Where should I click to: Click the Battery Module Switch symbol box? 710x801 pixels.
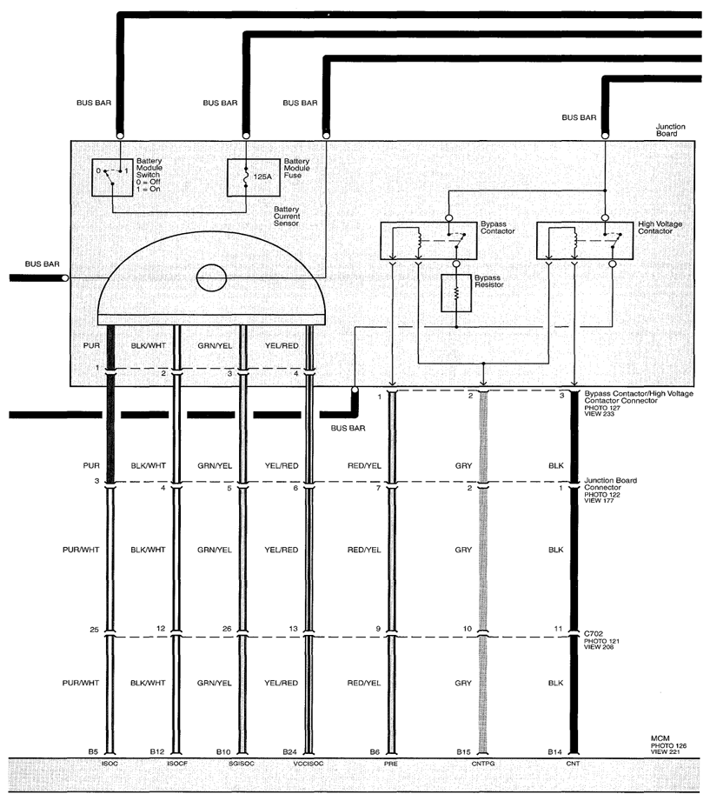pyautogui.click(x=112, y=177)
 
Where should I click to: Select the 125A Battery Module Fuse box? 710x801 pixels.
pyautogui.click(x=253, y=177)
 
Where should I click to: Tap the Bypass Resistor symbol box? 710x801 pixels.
pyautogui.click(x=456, y=293)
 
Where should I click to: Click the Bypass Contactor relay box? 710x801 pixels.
pyautogui.click(x=428, y=241)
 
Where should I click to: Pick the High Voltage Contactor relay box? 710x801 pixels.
pyautogui.click(x=585, y=241)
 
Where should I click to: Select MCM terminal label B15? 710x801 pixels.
pyautogui.click(x=463, y=752)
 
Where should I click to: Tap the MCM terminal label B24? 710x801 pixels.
pyautogui.click(x=289, y=752)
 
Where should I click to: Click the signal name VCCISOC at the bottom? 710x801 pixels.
pyautogui.click(x=309, y=764)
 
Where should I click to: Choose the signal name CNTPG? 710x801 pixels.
pyautogui.click(x=483, y=764)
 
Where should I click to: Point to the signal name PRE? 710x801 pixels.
pyautogui.click(x=390, y=764)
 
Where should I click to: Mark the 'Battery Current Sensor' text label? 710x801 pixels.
pyautogui.click(x=287, y=216)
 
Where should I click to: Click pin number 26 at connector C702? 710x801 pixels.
pyautogui.click(x=227, y=629)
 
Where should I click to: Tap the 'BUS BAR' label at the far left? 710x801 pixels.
pyautogui.click(x=43, y=264)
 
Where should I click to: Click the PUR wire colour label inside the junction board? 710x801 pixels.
pyautogui.click(x=91, y=346)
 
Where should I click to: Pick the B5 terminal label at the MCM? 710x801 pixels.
pyautogui.click(x=93, y=752)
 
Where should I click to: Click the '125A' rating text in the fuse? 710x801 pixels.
pyautogui.click(x=262, y=177)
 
